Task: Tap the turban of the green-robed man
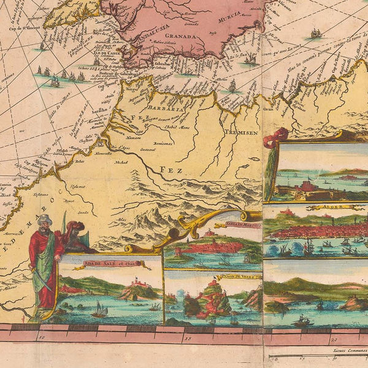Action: (x=45, y=219)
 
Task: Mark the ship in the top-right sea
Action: (x=315, y=33)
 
